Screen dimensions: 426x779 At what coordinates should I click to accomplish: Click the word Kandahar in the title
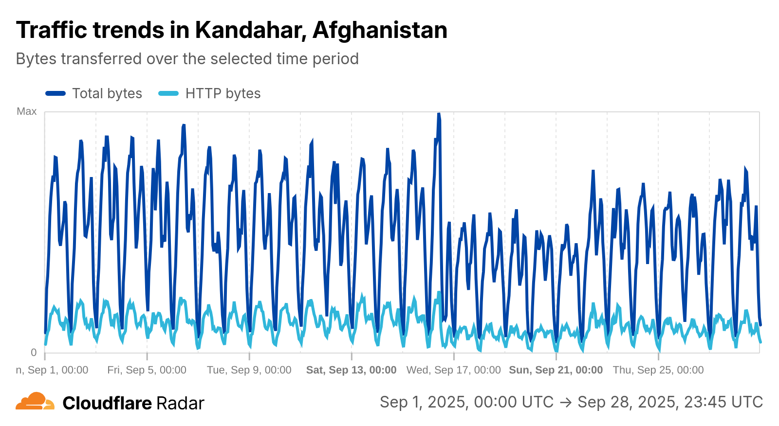[251, 30]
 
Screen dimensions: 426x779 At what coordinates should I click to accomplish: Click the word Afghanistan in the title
[380, 30]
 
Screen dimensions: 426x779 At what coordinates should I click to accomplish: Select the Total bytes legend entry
[107, 93]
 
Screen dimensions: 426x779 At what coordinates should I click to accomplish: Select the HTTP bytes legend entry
[223, 93]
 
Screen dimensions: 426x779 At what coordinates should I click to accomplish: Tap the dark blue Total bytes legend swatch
[56, 93]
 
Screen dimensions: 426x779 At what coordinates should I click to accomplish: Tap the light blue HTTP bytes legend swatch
[168, 93]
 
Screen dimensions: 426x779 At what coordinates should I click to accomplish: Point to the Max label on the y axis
[27, 111]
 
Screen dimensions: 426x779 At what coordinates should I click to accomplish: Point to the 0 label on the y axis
[34, 353]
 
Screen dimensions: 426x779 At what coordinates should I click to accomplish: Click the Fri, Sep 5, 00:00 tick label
[147, 370]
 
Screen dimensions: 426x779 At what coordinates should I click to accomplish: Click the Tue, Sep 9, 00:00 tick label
[249, 370]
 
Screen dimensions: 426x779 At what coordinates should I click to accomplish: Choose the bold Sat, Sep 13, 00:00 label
[351, 370]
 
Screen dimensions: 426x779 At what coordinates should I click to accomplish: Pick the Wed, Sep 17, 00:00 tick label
[453, 370]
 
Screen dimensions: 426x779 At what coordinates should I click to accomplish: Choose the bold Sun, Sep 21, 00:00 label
[556, 370]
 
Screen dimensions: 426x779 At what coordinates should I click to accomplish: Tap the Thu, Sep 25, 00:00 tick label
[658, 370]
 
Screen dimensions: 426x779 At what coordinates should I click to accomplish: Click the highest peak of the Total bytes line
[439, 114]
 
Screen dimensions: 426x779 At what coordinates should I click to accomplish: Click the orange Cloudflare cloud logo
[35, 402]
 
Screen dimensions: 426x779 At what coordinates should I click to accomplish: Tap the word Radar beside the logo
[180, 403]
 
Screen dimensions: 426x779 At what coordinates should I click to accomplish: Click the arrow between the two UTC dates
[565, 402]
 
